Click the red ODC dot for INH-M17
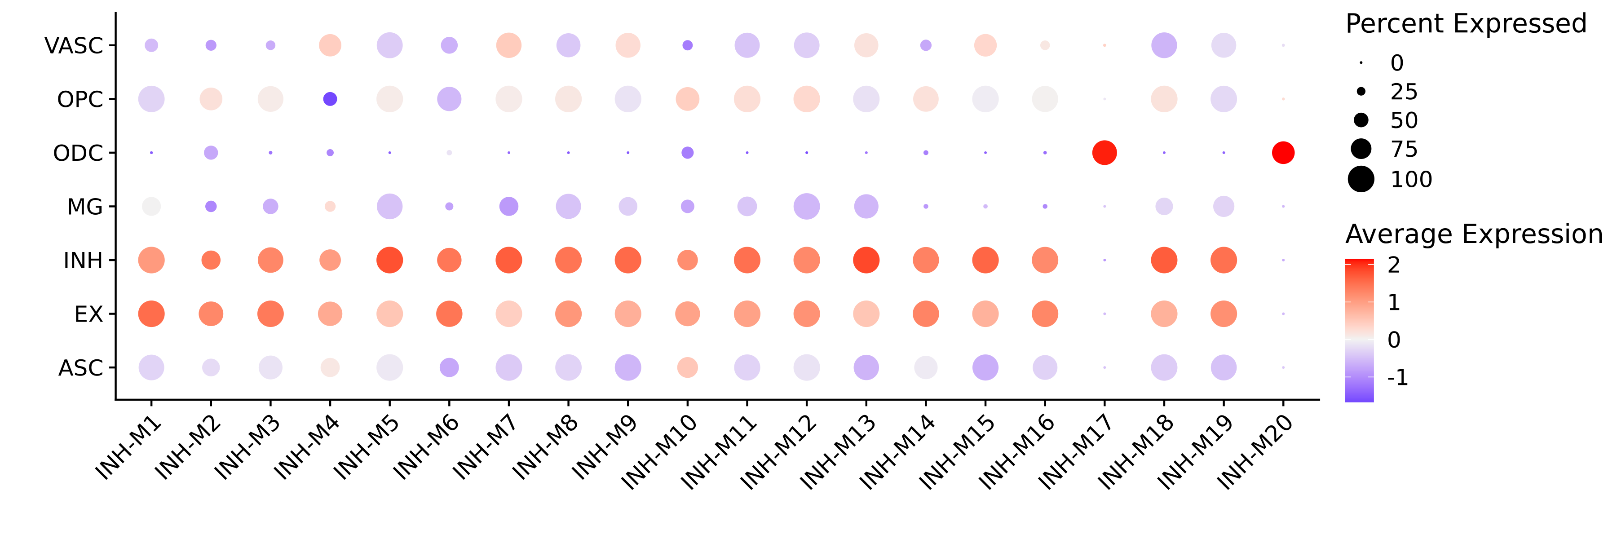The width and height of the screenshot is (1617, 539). click(1104, 152)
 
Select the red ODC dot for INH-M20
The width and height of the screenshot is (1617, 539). click(1283, 152)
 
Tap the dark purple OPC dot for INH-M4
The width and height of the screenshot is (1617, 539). click(330, 98)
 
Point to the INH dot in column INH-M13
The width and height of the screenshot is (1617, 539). click(866, 260)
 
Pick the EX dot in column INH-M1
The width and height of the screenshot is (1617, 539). click(151, 314)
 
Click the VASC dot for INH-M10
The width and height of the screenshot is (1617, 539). click(687, 45)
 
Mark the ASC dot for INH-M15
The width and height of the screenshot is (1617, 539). click(985, 367)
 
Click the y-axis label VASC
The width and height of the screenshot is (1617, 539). click(74, 46)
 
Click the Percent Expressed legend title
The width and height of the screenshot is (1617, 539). click(1466, 24)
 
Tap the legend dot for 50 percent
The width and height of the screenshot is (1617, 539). click(1361, 120)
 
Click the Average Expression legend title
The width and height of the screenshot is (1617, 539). click(1474, 234)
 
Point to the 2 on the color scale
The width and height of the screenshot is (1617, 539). click(1393, 265)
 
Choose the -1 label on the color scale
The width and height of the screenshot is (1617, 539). click(1397, 378)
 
